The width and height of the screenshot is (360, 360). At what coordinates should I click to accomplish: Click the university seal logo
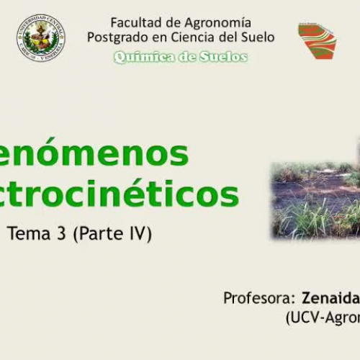(x=41, y=37)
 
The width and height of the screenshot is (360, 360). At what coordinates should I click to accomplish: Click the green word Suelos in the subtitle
(x=220, y=57)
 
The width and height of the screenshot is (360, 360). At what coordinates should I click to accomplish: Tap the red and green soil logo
(x=318, y=40)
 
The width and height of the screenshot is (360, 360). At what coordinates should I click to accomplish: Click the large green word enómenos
(x=94, y=153)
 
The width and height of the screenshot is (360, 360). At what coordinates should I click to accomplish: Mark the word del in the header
(x=237, y=37)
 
